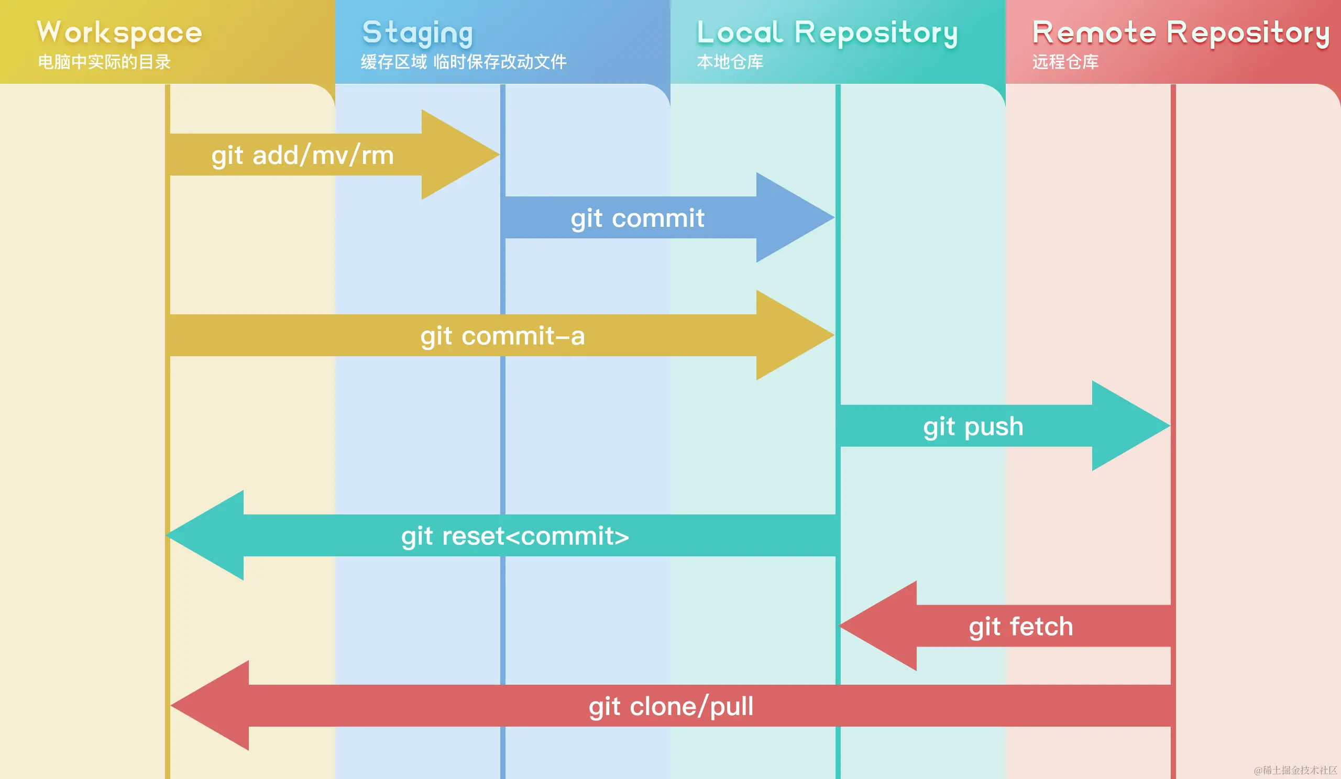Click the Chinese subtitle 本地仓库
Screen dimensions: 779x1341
click(x=730, y=62)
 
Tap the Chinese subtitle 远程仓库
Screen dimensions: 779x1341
click(x=1065, y=62)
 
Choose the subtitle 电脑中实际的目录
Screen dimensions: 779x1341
click(x=104, y=62)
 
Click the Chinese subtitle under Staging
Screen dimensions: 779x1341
click(x=464, y=62)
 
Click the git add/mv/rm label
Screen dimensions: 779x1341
click(x=302, y=156)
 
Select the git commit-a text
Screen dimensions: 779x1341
click(x=503, y=336)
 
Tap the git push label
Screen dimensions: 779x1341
click(x=973, y=426)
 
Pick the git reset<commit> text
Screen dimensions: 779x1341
click(x=515, y=536)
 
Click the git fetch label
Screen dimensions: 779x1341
click(x=1020, y=626)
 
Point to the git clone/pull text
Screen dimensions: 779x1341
click(x=671, y=706)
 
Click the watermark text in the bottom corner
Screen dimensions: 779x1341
click(x=1295, y=770)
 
